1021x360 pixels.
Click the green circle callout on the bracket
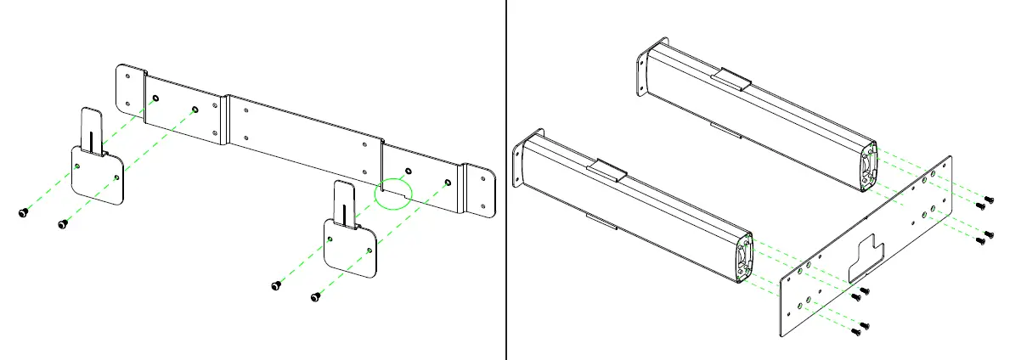pyautogui.click(x=392, y=193)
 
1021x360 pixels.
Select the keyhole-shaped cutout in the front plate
pyautogui.click(x=865, y=258)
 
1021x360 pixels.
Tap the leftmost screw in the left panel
pyautogui.click(x=23, y=213)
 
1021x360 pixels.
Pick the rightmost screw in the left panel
pyautogui.click(x=316, y=296)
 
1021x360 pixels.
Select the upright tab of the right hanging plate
pyautogui.click(x=344, y=201)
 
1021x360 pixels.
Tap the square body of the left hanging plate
pyautogui.click(x=96, y=176)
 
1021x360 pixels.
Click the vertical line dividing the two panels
pyautogui.click(x=507, y=180)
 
